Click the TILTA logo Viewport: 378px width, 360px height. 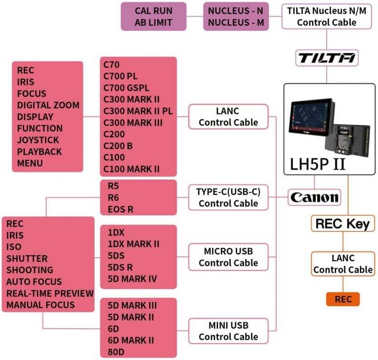tap(327, 58)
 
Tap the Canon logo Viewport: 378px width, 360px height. tap(314, 197)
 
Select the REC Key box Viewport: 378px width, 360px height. tap(343, 224)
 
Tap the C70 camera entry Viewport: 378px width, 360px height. tap(112, 65)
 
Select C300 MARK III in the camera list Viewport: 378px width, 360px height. tap(133, 123)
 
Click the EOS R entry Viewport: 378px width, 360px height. tap(120, 210)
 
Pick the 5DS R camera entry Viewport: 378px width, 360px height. tap(120, 267)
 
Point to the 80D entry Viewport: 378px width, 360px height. tap(116, 351)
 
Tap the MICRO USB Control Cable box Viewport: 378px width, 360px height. tap(228, 257)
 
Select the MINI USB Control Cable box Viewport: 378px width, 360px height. tap(228, 331)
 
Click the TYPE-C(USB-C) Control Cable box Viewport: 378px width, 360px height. tap(228, 197)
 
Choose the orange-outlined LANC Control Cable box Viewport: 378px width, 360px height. tap(343, 264)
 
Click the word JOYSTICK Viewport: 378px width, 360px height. tap(38, 140)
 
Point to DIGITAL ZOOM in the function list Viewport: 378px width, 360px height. tap(48, 105)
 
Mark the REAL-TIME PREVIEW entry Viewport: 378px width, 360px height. tap(50, 293)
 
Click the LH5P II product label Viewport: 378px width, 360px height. tap(318, 165)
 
